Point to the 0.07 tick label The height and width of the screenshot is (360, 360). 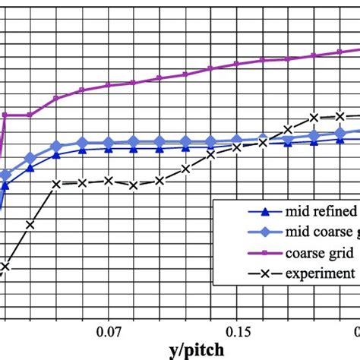[109, 331]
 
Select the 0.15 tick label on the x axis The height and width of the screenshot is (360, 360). [238, 331]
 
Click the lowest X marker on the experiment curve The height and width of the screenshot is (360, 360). [5, 267]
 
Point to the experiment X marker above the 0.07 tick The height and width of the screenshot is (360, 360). [109, 181]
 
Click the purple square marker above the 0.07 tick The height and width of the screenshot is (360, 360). [109, 85]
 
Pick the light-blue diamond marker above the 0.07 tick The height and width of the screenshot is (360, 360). [109, 142]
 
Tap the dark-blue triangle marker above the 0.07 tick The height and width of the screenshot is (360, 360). [109, 149]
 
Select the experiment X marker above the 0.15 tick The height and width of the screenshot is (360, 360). [237, 147]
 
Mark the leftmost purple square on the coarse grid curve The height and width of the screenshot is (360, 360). [5, 115]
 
